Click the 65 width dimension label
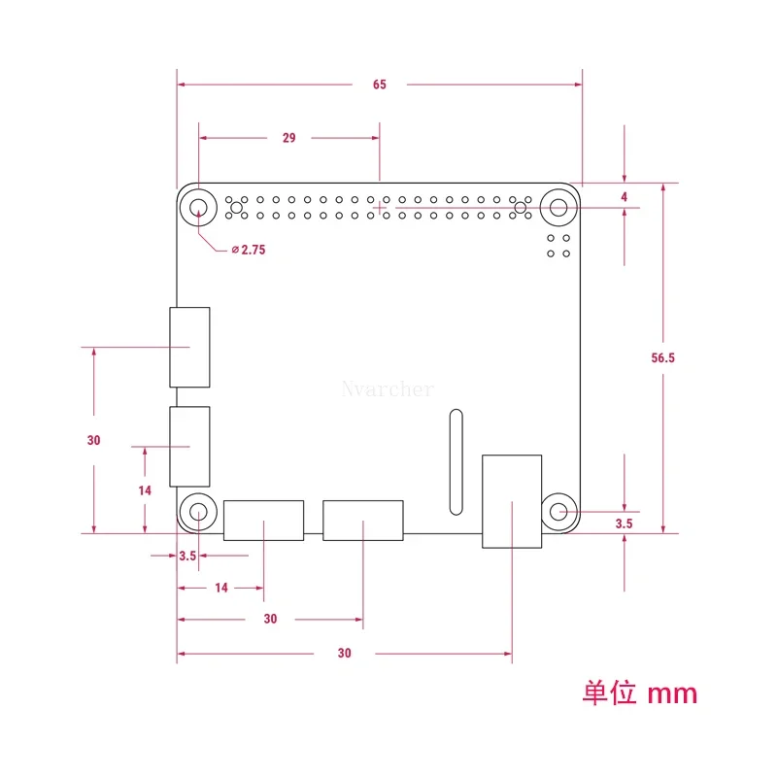tap(379, 84)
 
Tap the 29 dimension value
tap(289, 138)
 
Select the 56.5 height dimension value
tap(663, 357)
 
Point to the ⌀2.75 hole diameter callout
tap(249, 250)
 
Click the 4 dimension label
tap(624, 197)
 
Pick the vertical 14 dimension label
tap(145, 490)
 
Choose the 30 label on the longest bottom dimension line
tap(345, 653)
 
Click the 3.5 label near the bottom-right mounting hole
tap(625, 524)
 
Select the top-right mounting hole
tap(558, 207)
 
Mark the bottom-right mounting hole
tap(558, 511)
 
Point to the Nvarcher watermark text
tap(388, 389)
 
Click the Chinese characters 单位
tap(608, 693)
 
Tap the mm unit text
tap(672, 693)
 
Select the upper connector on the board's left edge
tap(189, 347)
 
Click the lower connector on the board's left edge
tap(189, 447)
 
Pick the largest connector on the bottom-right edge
tap(512, 501)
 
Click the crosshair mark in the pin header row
tap(380, 207)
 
